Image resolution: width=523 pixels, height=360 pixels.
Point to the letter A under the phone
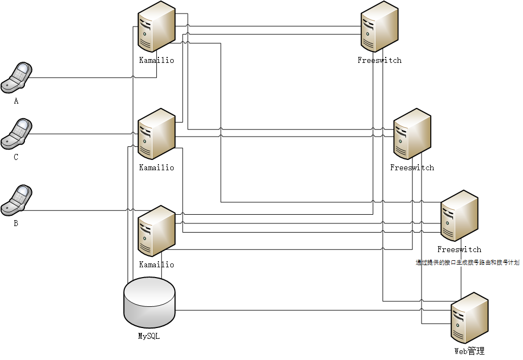point(16,101)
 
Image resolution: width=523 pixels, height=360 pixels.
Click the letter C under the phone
point(16,157)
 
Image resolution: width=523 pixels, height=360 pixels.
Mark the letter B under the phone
point(16,223)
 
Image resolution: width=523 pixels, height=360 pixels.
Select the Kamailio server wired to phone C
point(156,135)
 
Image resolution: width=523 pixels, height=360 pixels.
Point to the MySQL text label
point(149,336)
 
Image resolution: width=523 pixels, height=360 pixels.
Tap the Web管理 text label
point(469,351)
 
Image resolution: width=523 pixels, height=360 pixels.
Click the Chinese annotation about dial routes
point(468,263)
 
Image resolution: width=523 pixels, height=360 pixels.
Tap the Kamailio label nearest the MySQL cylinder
point(157,265)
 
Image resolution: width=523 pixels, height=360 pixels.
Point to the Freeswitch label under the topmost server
point(380,60)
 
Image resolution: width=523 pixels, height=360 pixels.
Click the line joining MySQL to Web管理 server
point(304,310)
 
